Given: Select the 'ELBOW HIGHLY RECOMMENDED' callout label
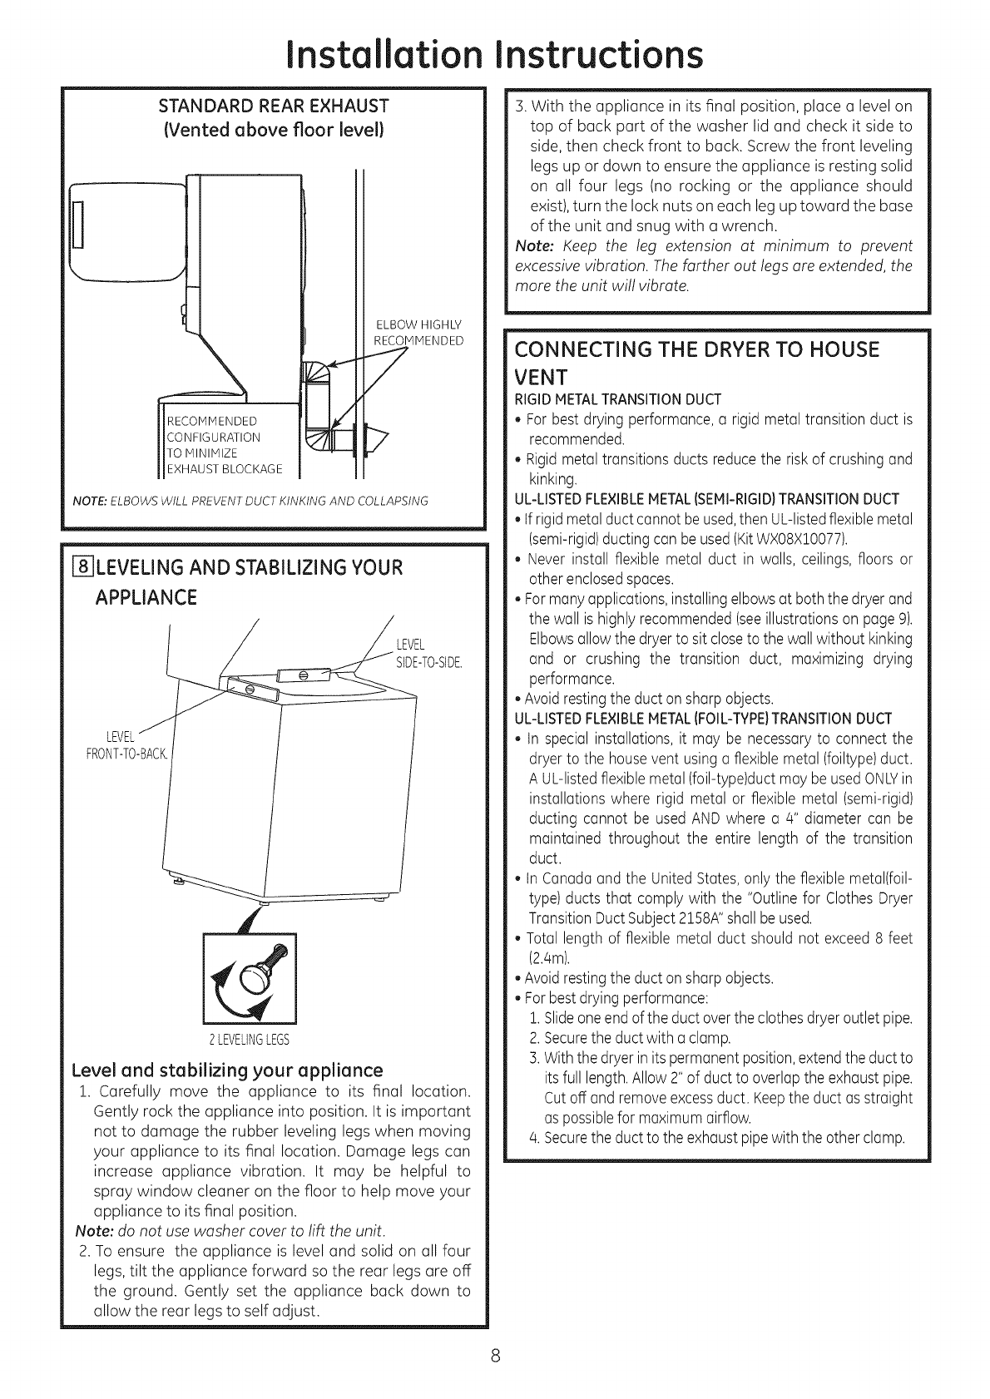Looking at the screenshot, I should point(419,333).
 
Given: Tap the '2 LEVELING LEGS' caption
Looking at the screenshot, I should point(249,1041).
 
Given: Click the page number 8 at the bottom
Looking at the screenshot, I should point(496,1357).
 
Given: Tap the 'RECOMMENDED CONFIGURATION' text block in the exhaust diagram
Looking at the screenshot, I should point(213,444).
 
